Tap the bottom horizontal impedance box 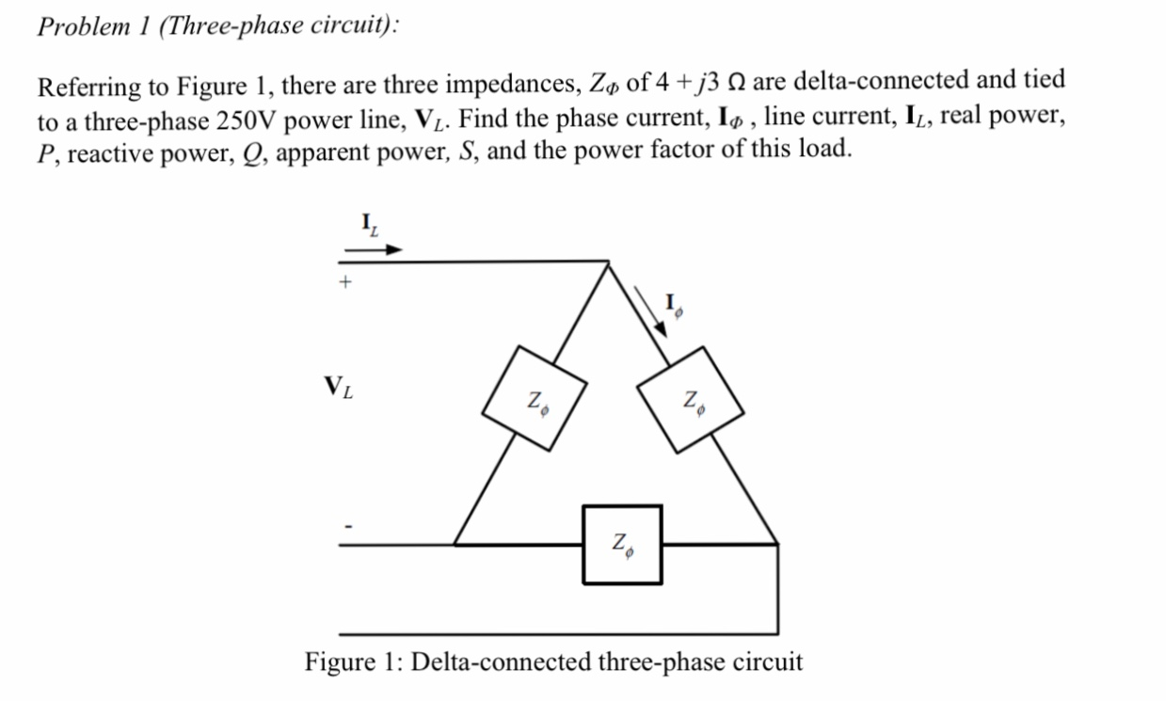(621, 544)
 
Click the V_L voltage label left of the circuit (339, 387)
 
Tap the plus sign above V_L (346, 280)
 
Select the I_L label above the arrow (370, 224)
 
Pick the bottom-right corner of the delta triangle (776, 544)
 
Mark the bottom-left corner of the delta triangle (455, 544)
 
